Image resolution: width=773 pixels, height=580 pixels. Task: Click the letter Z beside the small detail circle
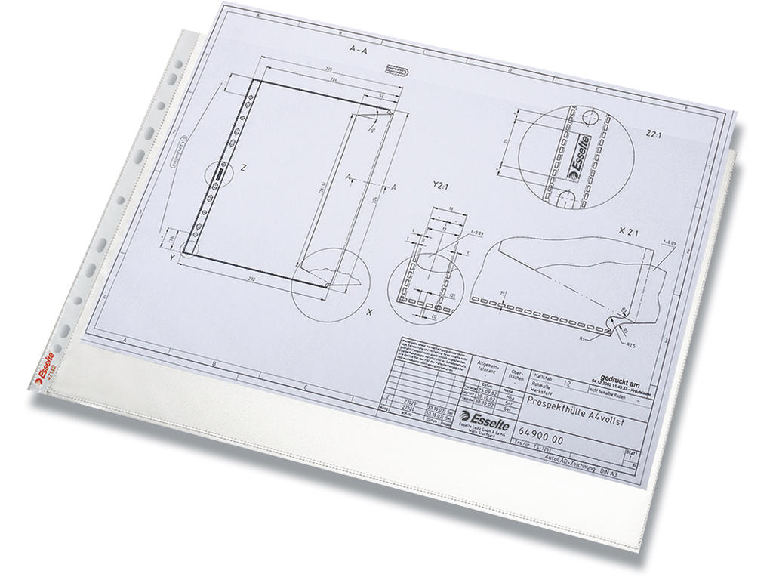pos(242,168)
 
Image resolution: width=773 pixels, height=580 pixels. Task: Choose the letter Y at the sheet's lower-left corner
pos(174,256)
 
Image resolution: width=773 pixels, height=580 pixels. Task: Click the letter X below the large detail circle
pos(369,311)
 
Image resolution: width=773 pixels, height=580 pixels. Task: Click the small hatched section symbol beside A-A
pos(397,69)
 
